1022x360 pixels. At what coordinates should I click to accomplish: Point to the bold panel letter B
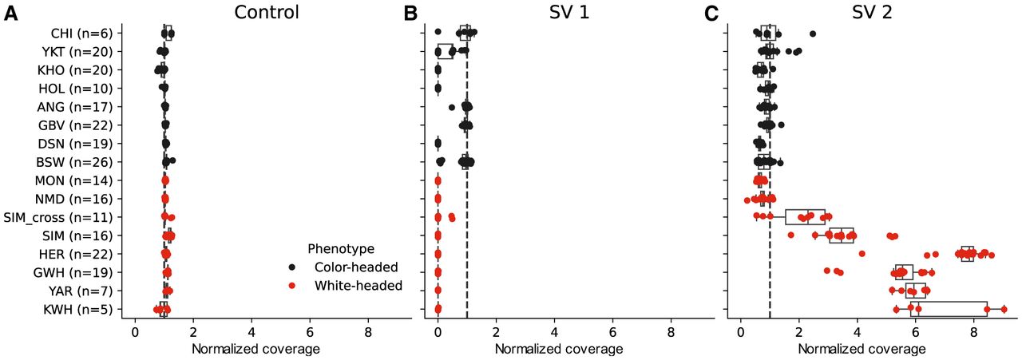(x=410, y=14)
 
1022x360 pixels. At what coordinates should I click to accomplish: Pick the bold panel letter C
(x=712, y=14)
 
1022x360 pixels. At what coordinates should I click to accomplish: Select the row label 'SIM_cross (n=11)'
(x=62, y=217)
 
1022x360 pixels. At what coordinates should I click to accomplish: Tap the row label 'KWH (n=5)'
(x=78, y=309)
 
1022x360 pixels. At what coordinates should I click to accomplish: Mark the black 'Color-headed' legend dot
(x=293, y=267)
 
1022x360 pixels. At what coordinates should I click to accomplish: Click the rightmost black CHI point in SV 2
(x=813, y=34)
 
